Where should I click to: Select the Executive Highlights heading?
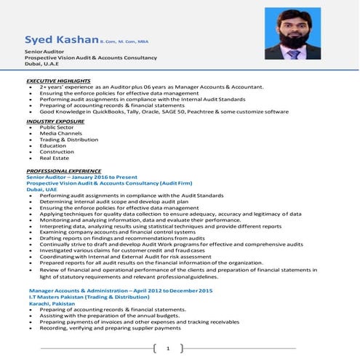(58, 80)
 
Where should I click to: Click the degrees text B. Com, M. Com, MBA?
(122, 41)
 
